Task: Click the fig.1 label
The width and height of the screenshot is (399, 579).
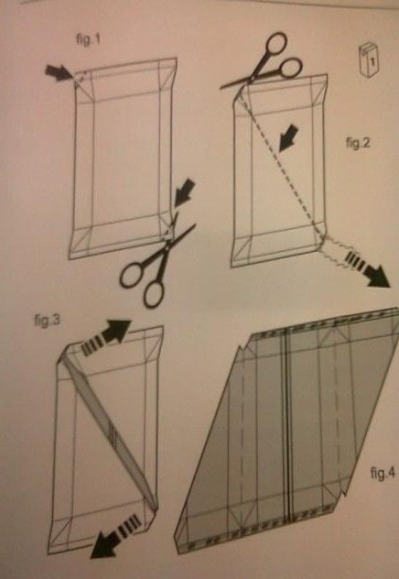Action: pos(88,39)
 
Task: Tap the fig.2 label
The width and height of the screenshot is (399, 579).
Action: pos(358,142)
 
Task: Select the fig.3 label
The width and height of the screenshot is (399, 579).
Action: pos(47,320)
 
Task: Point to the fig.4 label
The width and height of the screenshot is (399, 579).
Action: pos(383,473)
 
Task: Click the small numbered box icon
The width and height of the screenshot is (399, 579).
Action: pos(369,60)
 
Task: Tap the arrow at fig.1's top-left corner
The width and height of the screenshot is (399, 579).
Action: pos(58,72)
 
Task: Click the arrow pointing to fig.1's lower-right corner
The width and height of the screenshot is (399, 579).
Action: pos(184,192)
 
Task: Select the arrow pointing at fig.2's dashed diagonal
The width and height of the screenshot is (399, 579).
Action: pos(288,138)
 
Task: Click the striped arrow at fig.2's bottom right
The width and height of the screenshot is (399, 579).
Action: pos(367,268)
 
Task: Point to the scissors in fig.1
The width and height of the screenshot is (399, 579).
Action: pos(157,260)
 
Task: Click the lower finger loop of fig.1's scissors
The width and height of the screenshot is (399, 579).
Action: pos(154,295)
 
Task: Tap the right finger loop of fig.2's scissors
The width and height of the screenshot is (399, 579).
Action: pos(291,69)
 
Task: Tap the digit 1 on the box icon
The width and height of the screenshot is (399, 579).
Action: pos(372,61)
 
